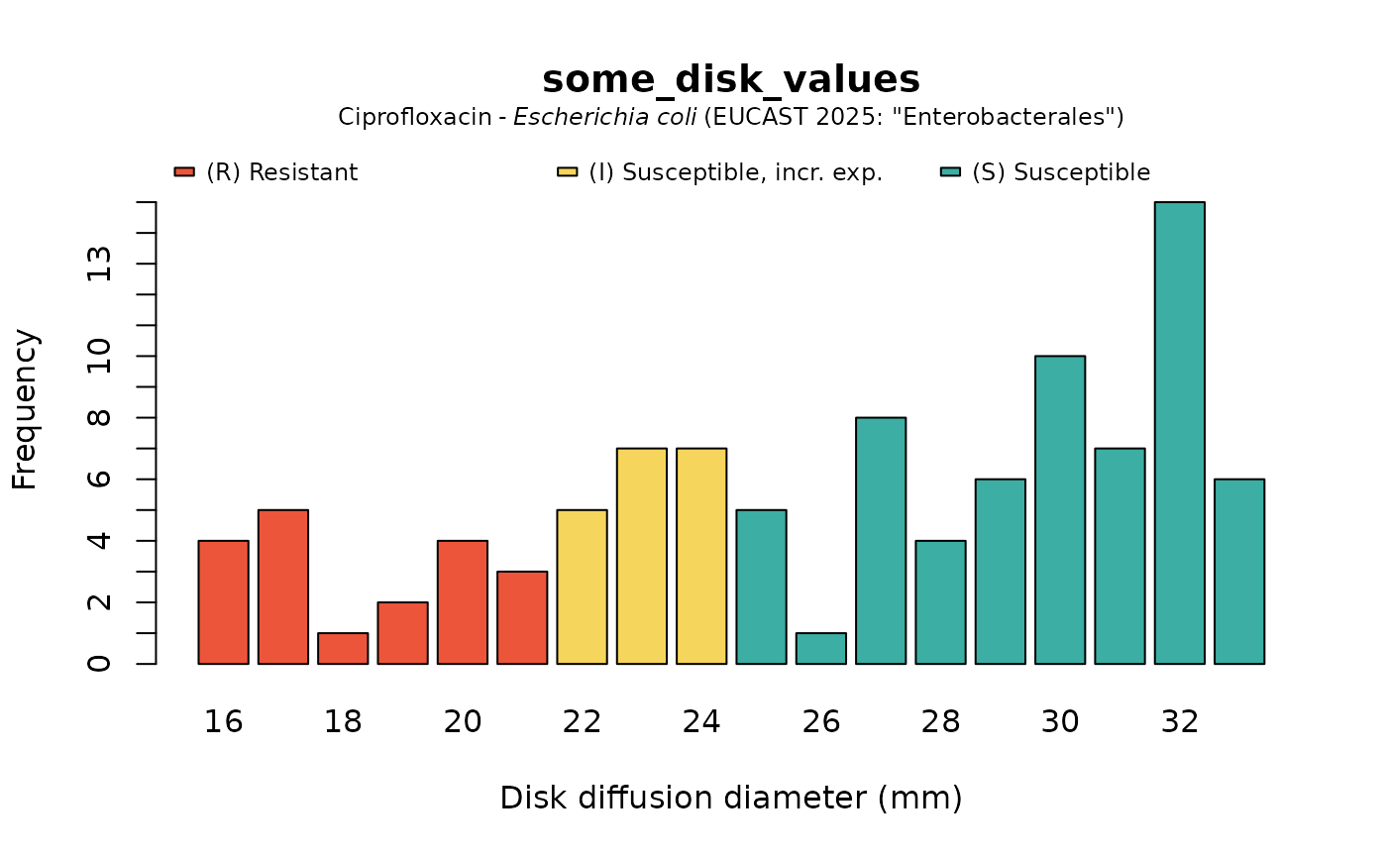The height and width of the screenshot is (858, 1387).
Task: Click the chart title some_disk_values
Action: tap(731, 80)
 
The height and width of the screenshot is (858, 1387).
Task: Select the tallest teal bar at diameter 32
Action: tap(1179, 433)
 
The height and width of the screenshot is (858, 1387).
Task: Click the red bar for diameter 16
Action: tap(223, 601)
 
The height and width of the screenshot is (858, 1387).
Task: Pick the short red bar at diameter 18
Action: tap(343, 648)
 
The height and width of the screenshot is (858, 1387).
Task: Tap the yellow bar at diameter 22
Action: tap(582, 587)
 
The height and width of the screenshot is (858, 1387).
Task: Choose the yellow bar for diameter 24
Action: tap(701, 556)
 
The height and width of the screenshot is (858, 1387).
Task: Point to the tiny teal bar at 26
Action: tap(821, 648)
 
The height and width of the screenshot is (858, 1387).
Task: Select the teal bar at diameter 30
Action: tap(1059, 509)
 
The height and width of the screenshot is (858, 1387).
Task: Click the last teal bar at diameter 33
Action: tap(1239, 571)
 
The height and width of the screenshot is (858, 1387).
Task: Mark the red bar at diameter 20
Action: tap(463, 601)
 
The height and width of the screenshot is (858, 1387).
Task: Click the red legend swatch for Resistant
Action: tap(184, 172)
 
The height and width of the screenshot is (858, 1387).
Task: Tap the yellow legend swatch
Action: tap(567, 172)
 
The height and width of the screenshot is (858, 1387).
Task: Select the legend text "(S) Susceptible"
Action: tap(1060, 172)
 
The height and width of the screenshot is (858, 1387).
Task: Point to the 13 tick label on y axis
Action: tap(99, 264)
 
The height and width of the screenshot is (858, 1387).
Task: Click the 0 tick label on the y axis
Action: tap(99, 663)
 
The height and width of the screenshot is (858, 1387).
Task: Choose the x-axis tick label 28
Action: tap(940, 722)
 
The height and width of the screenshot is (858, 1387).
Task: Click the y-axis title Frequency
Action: tap(25, 409)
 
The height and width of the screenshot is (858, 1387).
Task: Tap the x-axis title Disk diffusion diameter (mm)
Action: tap(731, 798)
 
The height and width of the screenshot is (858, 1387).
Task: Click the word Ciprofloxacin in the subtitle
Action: tap(414, 117)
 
